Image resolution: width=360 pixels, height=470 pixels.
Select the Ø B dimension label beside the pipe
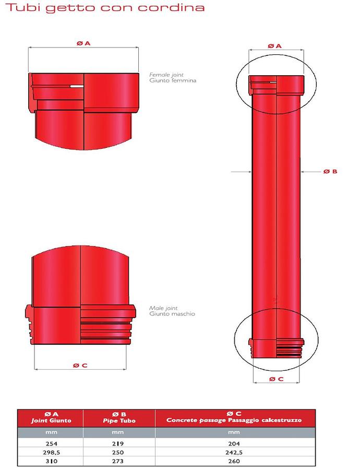330,171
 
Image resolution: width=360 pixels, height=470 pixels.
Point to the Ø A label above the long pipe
275,46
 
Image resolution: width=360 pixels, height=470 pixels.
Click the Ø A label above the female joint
83,44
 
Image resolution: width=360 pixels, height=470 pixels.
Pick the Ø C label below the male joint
80,365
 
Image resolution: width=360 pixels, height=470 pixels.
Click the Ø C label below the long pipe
277,379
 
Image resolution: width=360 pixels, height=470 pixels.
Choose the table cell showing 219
120,443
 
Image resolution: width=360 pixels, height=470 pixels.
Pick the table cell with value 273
120,461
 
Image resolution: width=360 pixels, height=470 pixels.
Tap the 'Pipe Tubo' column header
120,420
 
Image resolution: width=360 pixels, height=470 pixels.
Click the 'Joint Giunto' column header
51,420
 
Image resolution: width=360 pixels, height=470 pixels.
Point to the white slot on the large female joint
77,86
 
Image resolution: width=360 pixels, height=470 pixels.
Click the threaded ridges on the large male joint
107,329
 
